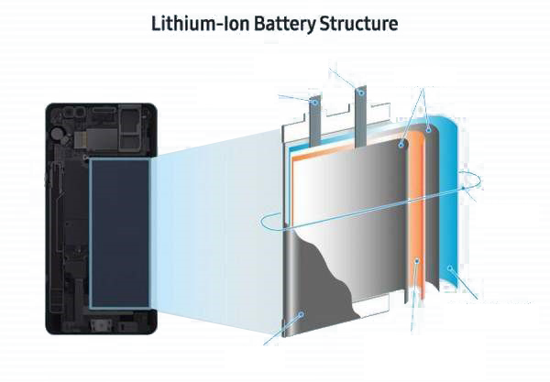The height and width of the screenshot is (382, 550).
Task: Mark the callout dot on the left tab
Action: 316,103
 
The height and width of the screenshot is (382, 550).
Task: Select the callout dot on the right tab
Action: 361,93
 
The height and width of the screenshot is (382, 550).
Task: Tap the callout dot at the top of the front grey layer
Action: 402,145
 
